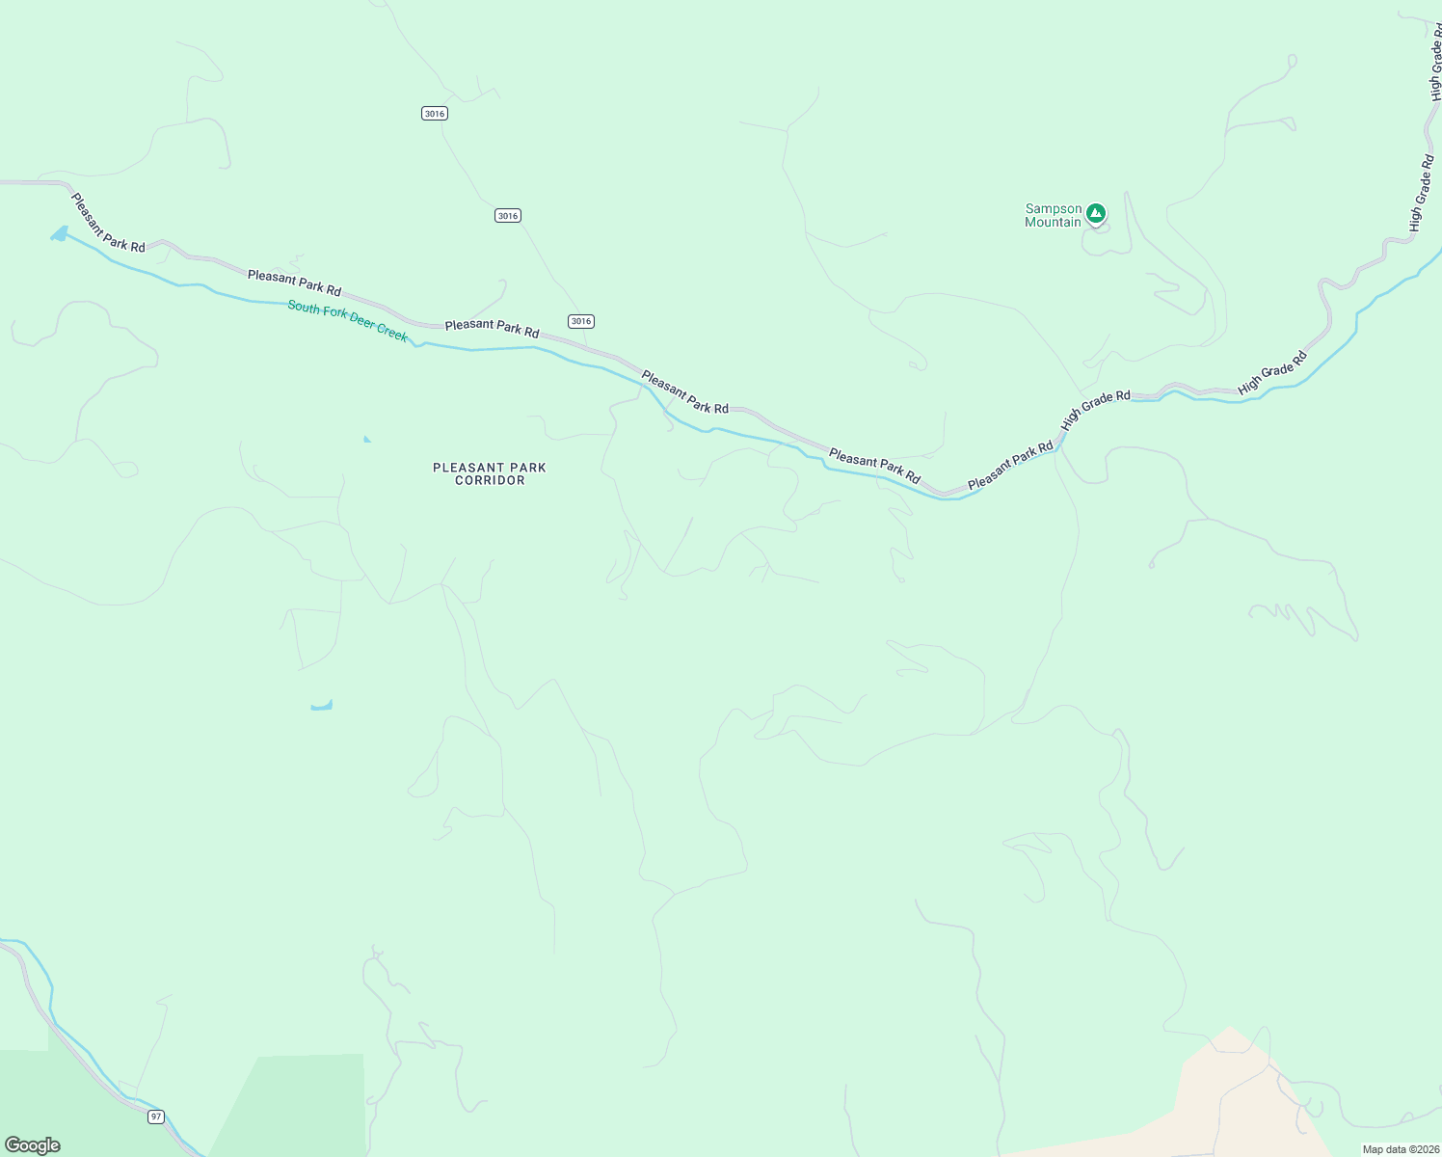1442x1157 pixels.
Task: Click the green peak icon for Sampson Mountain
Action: [x=1095, y=212]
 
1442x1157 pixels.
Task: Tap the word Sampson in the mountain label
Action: [x=1053, y=208]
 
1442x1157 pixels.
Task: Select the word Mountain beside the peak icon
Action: [x=1053, y=223]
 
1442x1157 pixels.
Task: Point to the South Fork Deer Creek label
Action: [x=348, y=320]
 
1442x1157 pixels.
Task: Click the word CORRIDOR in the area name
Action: [x=490, y=480]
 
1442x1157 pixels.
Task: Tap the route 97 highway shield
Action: [x=156, y=1117]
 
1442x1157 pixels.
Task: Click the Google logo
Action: [x=33, y=1145]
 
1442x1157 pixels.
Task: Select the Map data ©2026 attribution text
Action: [x=1400, y=1149]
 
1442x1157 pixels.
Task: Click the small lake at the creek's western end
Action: [x=60, y=234]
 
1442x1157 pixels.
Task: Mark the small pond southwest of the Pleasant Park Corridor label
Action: [x=322, y=706]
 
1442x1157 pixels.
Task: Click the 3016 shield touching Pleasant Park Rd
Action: [x=580, y=321]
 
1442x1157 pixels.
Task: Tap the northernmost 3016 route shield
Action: [x=435, y=114]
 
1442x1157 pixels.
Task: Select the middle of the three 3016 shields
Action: [x=508, y=215]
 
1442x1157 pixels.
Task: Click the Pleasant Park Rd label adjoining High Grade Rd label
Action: [x=1010, y=466]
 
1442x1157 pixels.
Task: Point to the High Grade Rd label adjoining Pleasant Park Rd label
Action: [x=1095, y=410]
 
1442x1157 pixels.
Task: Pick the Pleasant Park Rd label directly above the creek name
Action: [x=294, y=283]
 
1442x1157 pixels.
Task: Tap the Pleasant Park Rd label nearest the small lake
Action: [x=107, y=223]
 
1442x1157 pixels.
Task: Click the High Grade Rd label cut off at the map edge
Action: [x=1435, y=63]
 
